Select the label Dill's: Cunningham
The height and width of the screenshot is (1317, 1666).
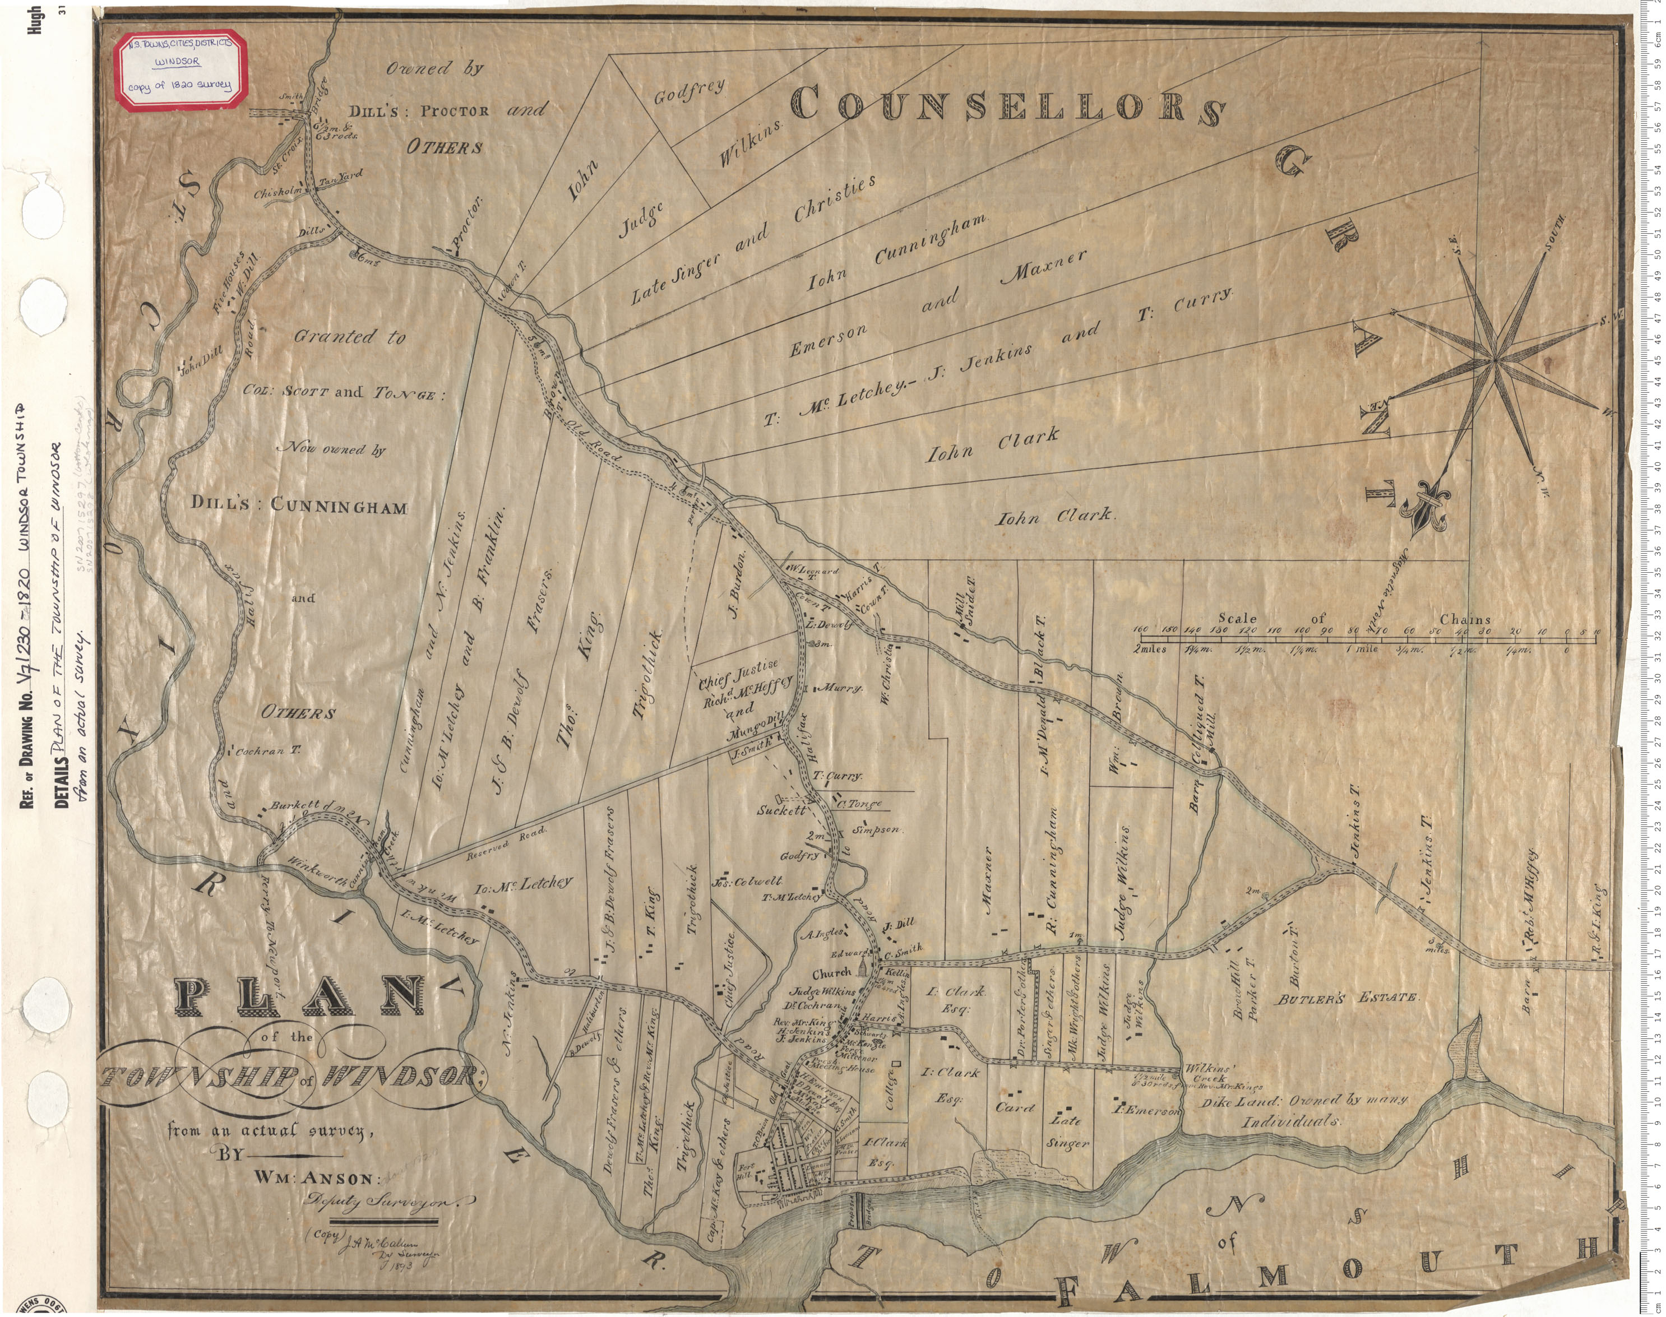click(x=299, y=507)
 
